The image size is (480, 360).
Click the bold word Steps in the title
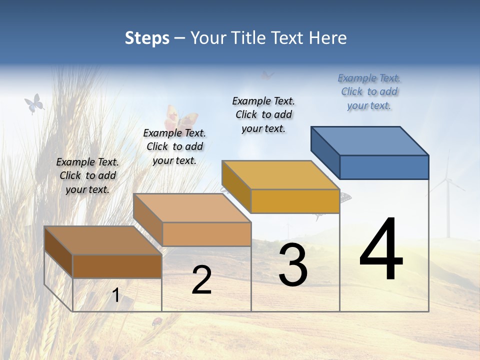point(147,38)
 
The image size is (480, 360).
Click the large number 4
point(381,249)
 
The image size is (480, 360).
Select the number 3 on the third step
point(293,265)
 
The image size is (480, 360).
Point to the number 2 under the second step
point(201,280)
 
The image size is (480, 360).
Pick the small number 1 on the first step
point(115,295)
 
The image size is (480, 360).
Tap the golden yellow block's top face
point(280,174)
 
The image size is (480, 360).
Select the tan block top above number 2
point(191,208)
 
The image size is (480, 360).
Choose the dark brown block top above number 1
point(102,240)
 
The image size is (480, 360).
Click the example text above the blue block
point(369,92)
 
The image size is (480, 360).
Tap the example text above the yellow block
point(263,114)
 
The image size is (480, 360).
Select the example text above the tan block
point(174,146)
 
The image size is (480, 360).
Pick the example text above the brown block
point(87,175)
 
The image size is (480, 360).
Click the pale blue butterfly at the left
point(34,104)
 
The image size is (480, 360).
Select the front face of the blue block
point(384,167)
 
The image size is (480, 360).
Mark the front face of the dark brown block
point(117,266)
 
